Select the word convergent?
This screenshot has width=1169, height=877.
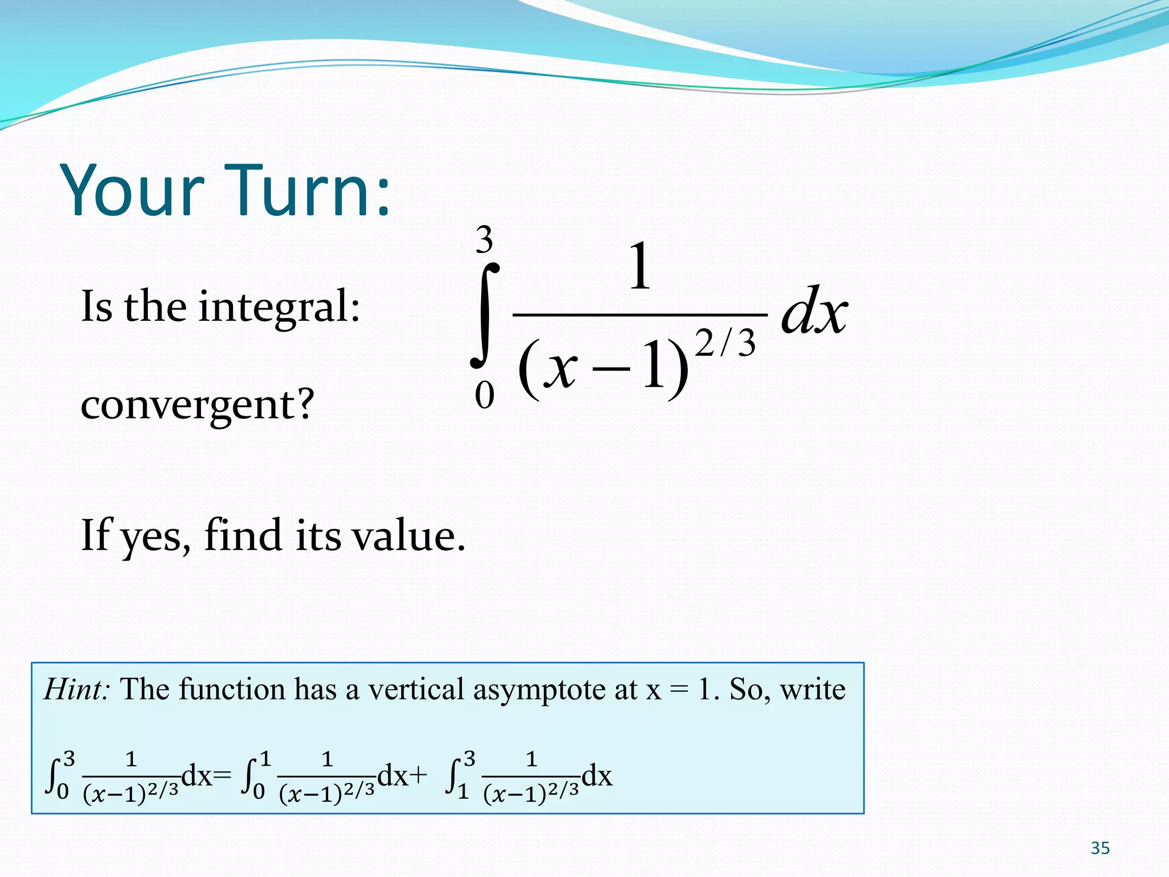(197, 404)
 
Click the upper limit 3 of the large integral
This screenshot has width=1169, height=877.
(484, 240)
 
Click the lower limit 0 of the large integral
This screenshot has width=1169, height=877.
(484, 395)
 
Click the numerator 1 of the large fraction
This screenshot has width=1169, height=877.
(639, 266)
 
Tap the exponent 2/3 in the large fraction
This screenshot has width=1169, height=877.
(725, 344)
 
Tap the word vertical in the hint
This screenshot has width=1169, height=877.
(416, 689)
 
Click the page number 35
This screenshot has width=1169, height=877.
(1099, 848)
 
